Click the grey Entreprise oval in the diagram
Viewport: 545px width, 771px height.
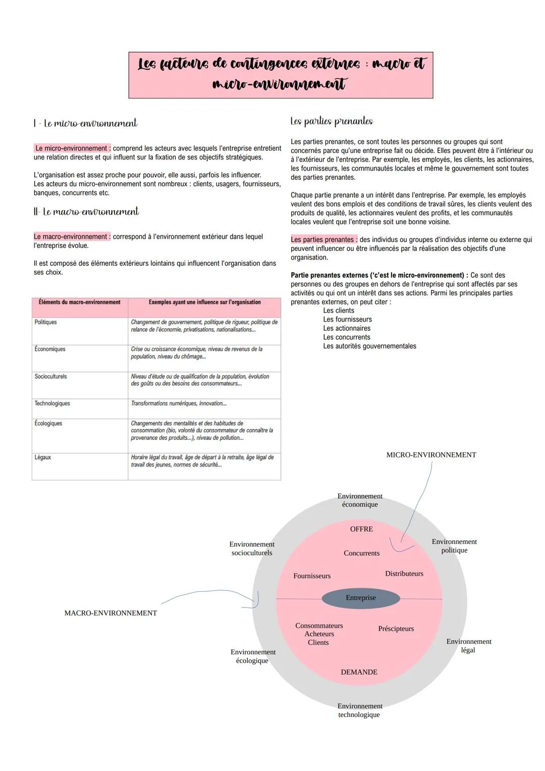click(x=361, y=598)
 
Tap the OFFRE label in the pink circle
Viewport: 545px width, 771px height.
click(x=361, y=529)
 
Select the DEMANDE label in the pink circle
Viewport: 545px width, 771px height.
click(x=359, y=672)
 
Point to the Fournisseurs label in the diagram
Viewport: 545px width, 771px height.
click(x=312, y=576)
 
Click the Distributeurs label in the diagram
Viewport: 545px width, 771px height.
click(x=404, y=574)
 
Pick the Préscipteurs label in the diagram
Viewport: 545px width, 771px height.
click(x=396, y=629)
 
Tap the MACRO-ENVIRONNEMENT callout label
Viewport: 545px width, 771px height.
click(x=111, y=613)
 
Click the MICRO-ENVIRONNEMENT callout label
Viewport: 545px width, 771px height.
click(x=431, y=455)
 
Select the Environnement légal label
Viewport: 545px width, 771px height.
click(x=468, y=646)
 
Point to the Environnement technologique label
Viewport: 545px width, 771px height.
click(x=360, y=710)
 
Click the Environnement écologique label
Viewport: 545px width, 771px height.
click(x=253, y=656)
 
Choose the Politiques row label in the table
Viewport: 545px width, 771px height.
click(x=45, y=322)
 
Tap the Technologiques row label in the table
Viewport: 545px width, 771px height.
click(x=52, y=403)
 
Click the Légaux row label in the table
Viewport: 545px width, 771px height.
click(x=42, y=457)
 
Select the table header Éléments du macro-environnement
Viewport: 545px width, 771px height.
click(x=80, y=302)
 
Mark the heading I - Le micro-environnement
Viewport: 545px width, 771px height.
click(x=85, y=123)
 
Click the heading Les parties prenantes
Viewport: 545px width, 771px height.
click(x=332, y=121)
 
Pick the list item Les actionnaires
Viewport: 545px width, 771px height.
click(x=347, y=328)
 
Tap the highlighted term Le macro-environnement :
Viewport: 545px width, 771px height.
click(x=72, y=237)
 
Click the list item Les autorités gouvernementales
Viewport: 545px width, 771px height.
click(x=369, y=346)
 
